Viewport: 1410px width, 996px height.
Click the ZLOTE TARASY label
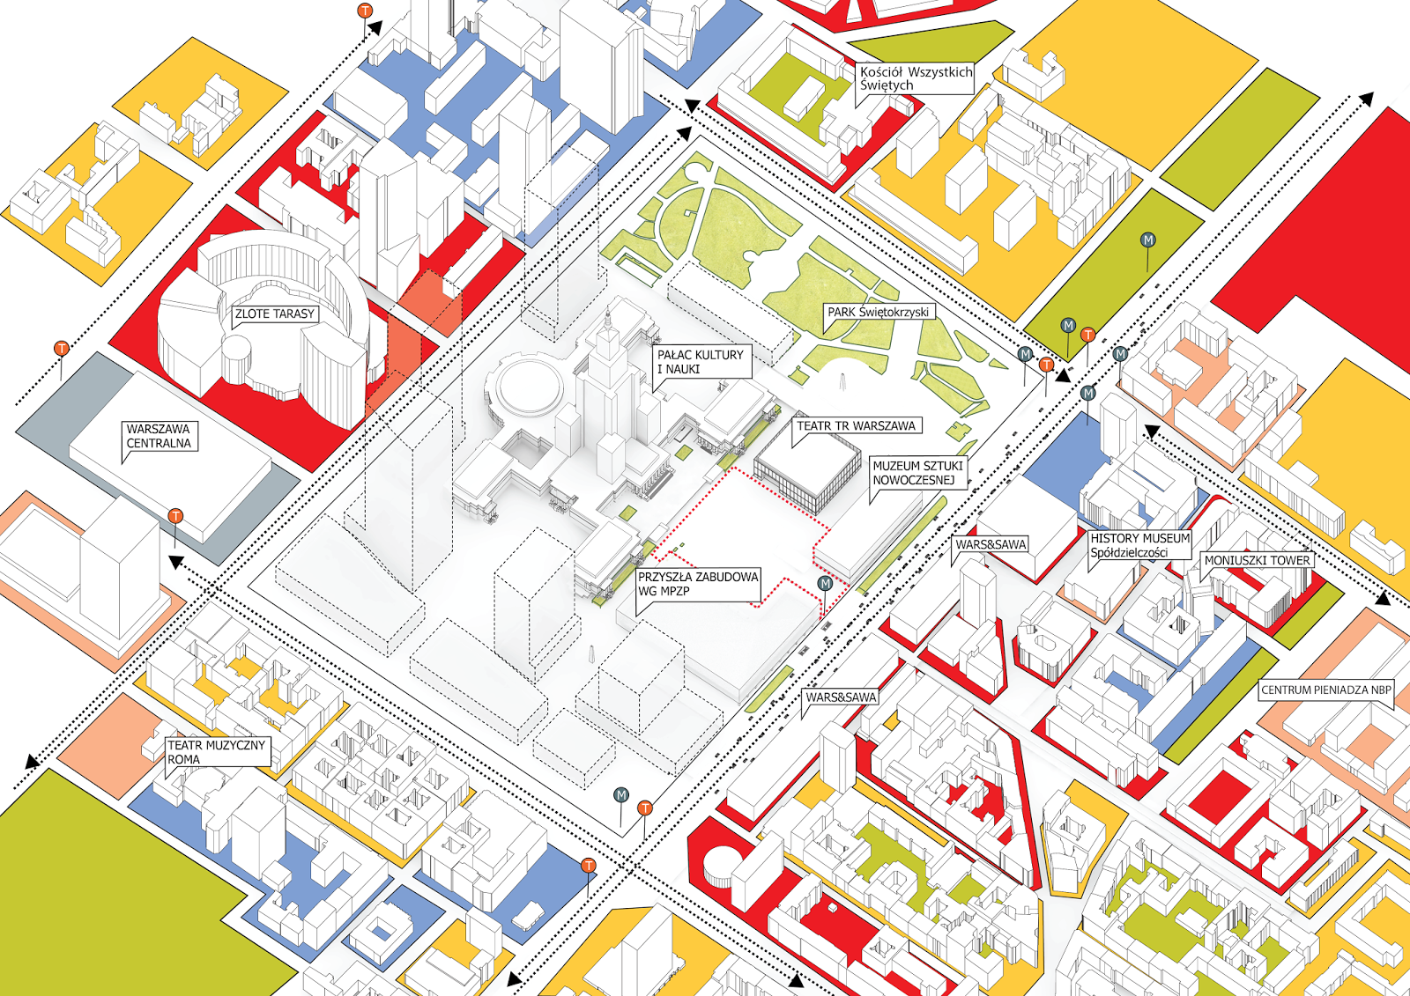point(274,314)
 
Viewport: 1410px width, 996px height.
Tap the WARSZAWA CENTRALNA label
point(159,436)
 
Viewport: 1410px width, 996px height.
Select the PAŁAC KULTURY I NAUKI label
point(701,361)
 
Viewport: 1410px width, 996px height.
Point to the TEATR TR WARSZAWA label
point(856,425)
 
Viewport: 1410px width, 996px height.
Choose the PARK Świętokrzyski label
point(878,312)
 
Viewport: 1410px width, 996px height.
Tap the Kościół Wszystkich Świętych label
point(916,78)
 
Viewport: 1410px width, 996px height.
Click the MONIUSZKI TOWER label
point(1257,560)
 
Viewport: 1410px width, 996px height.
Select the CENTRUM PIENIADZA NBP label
point(1325,690)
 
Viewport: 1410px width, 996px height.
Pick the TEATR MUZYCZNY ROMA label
point(216,752)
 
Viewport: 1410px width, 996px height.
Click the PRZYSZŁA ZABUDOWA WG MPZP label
point(698,584)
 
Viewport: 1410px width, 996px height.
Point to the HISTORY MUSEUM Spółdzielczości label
point(1139,545)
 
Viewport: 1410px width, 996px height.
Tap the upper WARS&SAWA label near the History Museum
point(991,544)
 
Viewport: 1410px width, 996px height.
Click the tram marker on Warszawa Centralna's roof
point(175,517)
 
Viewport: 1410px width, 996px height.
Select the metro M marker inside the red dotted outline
point(825,583)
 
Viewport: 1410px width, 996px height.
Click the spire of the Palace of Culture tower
point(607,321)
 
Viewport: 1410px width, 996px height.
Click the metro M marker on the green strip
point(1147,240)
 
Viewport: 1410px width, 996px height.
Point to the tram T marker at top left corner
point(365,11)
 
